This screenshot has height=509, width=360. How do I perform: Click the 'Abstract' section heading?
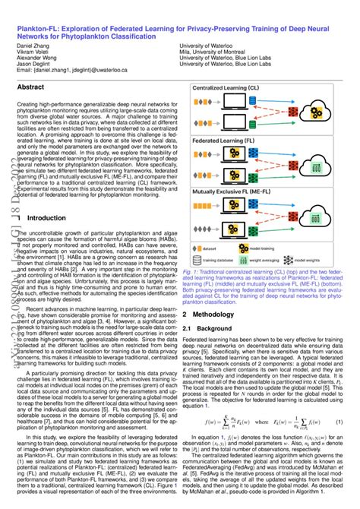pyautogui.click(x=34, y=88)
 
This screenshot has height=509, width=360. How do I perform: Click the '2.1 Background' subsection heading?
pyautogui.click(x=210, y=327)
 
